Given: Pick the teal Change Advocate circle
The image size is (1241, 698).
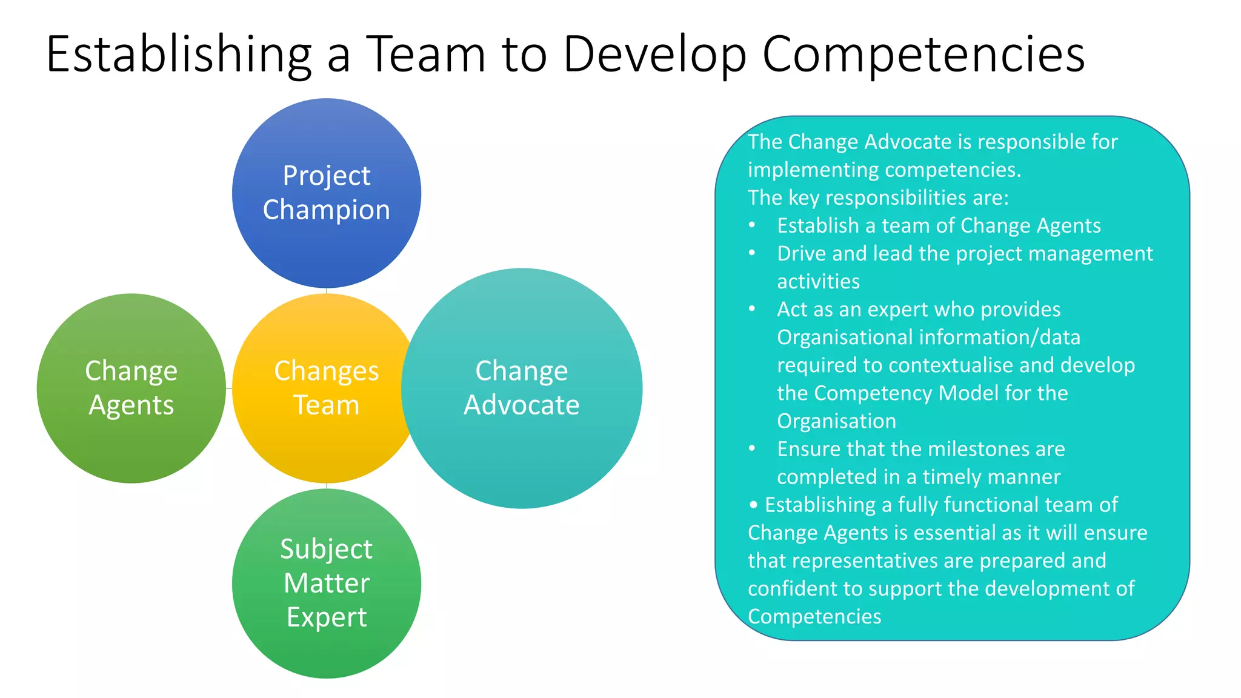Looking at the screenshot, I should pyautogui.click(x=521, y=460).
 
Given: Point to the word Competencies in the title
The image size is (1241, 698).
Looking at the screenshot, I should pyautogui.click(x=923, y=55).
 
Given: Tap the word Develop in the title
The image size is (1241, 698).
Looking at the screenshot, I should pyautogui.click(x=654, y=55).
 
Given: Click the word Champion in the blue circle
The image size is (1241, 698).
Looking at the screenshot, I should pyautogui.click(x=326, y=210).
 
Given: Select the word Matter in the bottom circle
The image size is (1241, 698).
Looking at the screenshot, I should pyautogui.click(x=326, y=583).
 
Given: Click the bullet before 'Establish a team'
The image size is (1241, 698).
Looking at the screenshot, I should pyautogui.click(x=752, y=225).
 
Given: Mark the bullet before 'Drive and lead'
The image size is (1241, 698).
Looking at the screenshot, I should pyautogui.click(x=752, y=253).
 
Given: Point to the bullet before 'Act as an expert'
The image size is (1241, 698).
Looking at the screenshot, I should pyautogui.click(x=752, y=309).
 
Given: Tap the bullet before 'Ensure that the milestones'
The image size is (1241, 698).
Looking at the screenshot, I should pyautogui.click(x=752, y=449).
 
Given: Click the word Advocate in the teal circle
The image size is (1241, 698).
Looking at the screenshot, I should pyautogui.click(x=521, y=405).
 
